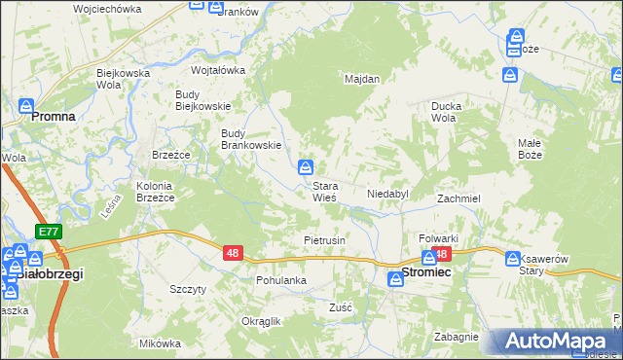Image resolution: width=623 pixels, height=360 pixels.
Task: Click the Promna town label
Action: coord(54,116)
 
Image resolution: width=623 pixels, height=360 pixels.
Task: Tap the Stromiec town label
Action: coord(426,275)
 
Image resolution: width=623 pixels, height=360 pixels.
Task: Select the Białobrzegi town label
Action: coord(51,274)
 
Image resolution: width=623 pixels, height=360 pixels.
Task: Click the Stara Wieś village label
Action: coord(324,192)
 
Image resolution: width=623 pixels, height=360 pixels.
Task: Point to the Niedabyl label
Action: coord(387,195)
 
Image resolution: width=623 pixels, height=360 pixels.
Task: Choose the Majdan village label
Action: coord(362,79)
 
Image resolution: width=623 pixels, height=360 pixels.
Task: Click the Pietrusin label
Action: coord(325,239)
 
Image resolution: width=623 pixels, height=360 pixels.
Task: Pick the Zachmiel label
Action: coord(458,198)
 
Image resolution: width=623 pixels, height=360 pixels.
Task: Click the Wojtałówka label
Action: coord(218,70)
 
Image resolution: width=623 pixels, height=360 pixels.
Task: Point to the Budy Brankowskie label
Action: coord(252,139)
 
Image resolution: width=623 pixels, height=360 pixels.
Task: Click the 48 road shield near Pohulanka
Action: coord(232,253)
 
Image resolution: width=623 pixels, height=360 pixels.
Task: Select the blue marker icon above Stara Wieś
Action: coord(306,166)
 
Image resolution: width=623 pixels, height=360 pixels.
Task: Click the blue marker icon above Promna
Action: coord(26,106)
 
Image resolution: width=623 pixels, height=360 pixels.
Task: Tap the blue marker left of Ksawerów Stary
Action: coord(513,258)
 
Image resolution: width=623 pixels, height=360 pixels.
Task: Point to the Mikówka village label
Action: coord(161,343)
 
